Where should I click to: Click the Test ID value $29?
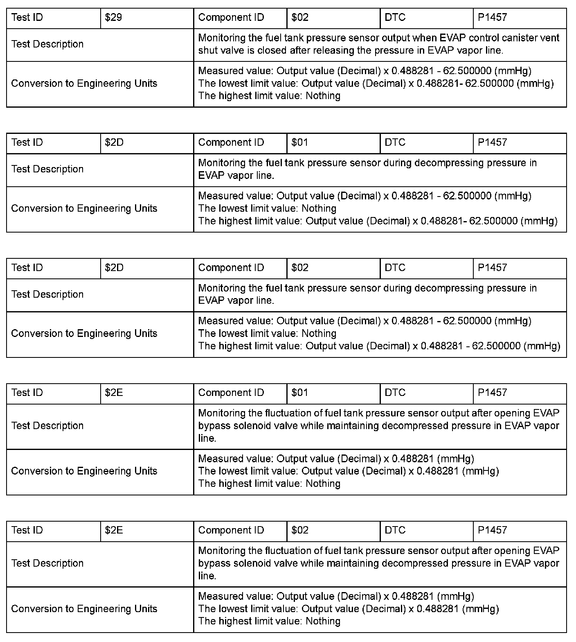pyautogui.click(x=113, y=18)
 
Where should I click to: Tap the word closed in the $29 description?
pyautogui.click(x=273, y=51)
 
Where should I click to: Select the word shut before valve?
pyautogui.click(x=208, y=51)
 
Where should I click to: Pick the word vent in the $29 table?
pyautogui.click(x=550, y=38)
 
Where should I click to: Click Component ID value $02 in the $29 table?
pyautogui.click(x=300, y=18)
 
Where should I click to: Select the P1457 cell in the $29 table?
pyautogui.click(x=493, y=18)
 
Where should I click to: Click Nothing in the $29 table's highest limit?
pyautogui.click(x=323, y=96)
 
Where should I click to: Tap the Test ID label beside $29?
pyautogui.click(x=27, y=18)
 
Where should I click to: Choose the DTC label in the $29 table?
pyautogui.click(x=395, y=18)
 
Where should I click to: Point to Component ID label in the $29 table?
pyautogui.click(x=231, y=18)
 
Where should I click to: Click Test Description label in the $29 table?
pyautogui.click(x=47, y=44)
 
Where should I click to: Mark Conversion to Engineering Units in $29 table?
pyautogui.click(x=84, y=84)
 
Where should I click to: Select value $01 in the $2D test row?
pyautogui.click(x=300, y=142)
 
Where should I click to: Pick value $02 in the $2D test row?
pyautogui.click(x=300, y=268)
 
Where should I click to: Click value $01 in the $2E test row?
pyautogui.click(x=300, y=393)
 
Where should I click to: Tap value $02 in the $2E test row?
pyautogui.click(x=300, y=530)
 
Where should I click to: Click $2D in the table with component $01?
pyautogui.click(x=114, y=142)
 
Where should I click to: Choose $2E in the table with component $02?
pyautogui.click(x=114, y=530)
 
